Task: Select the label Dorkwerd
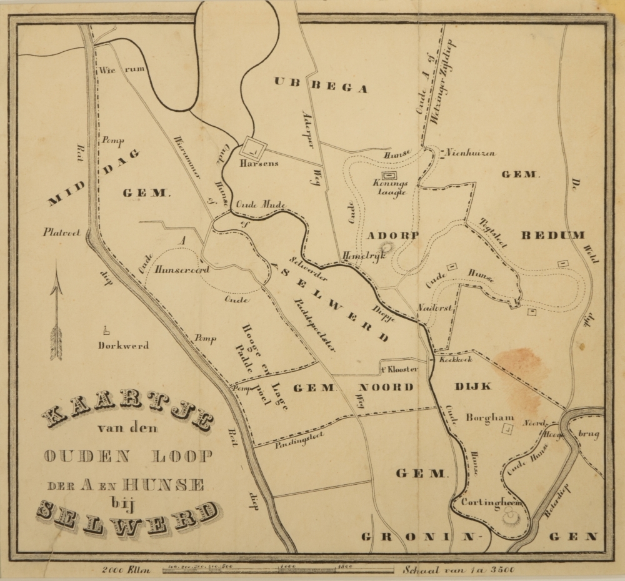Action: tap(123, 345)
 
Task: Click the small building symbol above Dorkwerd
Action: tap(107, 330)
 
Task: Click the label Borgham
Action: tap(481, 418)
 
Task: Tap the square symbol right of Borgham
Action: tap(508, 429)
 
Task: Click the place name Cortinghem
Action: tap(492, 502)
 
